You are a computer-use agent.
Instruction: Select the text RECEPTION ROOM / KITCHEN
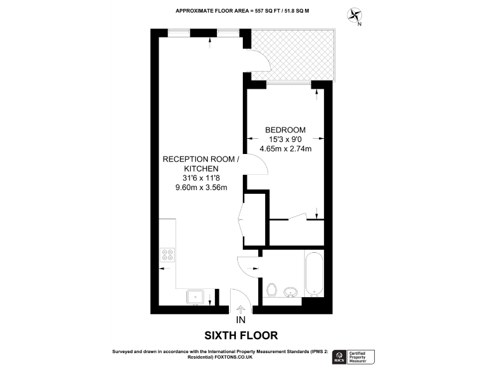(201, 164)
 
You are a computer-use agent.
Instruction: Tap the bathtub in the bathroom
(314, 274)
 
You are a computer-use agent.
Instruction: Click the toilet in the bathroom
(271, 290)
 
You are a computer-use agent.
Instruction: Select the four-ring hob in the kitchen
(167, 253)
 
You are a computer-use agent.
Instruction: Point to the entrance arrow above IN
(240, 309)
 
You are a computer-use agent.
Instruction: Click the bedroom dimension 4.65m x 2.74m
(285, 149)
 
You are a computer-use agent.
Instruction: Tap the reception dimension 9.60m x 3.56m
(201, 188)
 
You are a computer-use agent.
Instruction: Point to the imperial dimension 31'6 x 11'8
(201, 178)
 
